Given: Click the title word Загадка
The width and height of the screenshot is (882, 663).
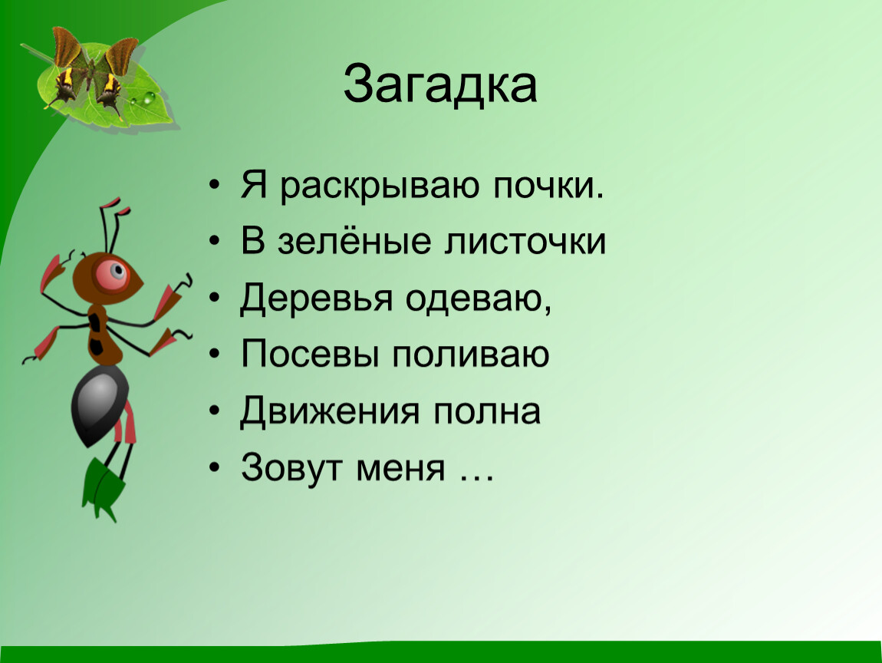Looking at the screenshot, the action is click(440, 84).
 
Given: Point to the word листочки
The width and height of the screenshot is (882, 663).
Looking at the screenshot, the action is click(525, 242).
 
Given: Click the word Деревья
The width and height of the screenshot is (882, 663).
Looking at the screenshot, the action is click(315, 299).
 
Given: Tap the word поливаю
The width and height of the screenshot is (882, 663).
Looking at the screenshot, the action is click(470, 355).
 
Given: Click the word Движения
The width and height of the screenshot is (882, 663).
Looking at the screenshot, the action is click(330, 411).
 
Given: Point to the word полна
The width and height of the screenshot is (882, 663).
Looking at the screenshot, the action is click(486, 411).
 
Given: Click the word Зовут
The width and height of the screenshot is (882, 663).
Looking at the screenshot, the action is click(291, 467).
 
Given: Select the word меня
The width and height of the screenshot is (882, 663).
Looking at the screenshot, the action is click(400, 468).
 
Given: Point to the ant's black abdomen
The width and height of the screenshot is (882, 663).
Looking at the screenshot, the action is click(98, 404).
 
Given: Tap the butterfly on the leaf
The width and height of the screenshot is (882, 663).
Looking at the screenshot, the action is click(94, 72).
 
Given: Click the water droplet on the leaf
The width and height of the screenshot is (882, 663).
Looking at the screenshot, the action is click(149, 98).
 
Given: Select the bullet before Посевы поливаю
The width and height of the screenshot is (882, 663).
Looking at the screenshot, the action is click(214, 355).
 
